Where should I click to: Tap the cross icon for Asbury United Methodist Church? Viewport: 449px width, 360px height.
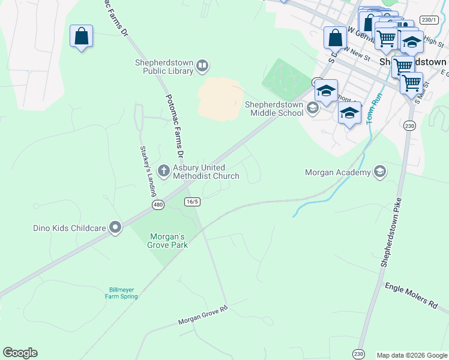click(x=163, y=172)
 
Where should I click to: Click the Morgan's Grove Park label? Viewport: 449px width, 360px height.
click(x=167, y=240)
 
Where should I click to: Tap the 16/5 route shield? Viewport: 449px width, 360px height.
click(x=192, y=202)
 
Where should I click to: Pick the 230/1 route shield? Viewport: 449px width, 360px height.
click(x=429, y=20)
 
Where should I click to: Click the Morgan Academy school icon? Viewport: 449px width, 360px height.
click(x=379, y=172)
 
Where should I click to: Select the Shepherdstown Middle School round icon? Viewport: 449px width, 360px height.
click(x=312, y=108)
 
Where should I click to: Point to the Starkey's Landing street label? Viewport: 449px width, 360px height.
click(x=146, y=171)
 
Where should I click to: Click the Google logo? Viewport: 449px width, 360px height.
click(x=20, y=353)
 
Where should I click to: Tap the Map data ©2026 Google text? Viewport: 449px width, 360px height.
click(x=411, y=355)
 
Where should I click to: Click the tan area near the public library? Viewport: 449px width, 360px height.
click(x=220, y=98)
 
